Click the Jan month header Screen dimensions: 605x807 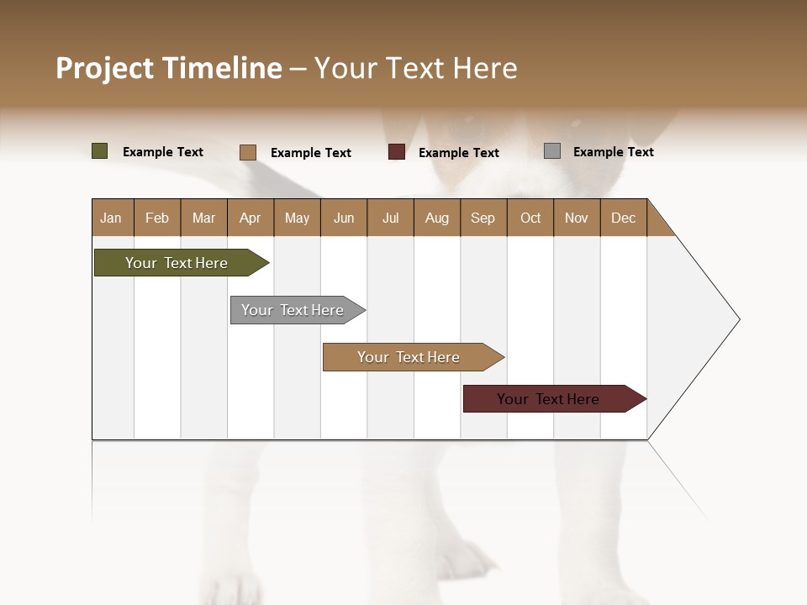click(x=112, y=218)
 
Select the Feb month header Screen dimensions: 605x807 click(x=157, y=218)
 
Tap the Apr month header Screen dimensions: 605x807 click(x=250, y=218)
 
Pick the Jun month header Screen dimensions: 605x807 click(x=344, y=218)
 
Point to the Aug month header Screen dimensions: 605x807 click(x=436, y=218)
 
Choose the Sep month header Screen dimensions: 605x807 click(x=483, y=218)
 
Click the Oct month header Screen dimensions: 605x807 click(x=530, y=218)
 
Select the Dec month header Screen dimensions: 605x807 click(x=623, y=218)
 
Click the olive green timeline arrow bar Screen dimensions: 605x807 click(x=177, y=263)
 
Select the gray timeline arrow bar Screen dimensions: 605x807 click(x=293, y=310)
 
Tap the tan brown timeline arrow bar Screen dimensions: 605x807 click(x=409, y=357)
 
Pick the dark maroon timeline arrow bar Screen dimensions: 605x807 click(x=549, y=399)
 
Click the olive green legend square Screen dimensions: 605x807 click(x=100, y=151)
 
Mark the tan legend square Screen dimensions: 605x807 click(x=248, y=152)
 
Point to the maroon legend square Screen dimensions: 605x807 click(x=397, y=152)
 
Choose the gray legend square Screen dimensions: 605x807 click(x=552, y=151)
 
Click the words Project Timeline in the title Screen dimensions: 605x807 click(x=169, y=68)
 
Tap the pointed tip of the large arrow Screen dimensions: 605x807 click(x=737, y=319)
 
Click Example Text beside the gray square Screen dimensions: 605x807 click(x=613, y=152)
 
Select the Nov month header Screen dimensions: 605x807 click(x=577, y=218)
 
